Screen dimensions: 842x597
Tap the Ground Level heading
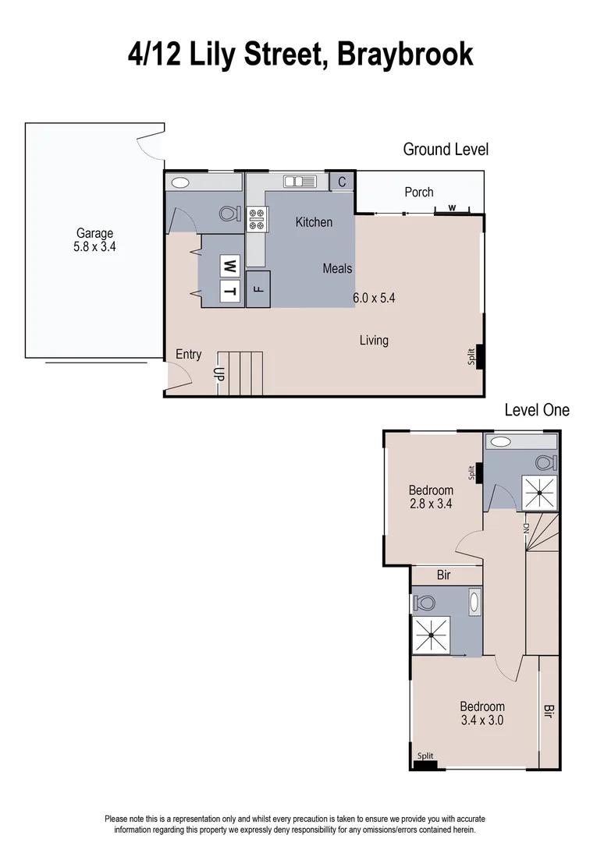(446, 149)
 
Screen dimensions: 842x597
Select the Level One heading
(537, 409)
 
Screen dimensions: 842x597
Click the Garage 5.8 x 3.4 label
(94, 239)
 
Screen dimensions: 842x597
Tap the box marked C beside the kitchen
(342, 182)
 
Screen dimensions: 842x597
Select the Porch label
(419, 192)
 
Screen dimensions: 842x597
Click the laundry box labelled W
(229, 266)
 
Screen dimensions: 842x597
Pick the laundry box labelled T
(229, 292)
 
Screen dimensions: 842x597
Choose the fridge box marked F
(258, 289)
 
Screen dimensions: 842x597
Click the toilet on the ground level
(229, 213)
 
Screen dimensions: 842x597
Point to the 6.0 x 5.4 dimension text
(374, 297)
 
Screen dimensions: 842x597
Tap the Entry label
(188, 354)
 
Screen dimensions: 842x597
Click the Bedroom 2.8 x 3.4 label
(431, 497)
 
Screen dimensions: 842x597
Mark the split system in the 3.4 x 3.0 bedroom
(425, 763)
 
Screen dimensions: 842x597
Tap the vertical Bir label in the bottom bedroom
(549, 711)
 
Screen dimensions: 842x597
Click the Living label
(374, 340)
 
